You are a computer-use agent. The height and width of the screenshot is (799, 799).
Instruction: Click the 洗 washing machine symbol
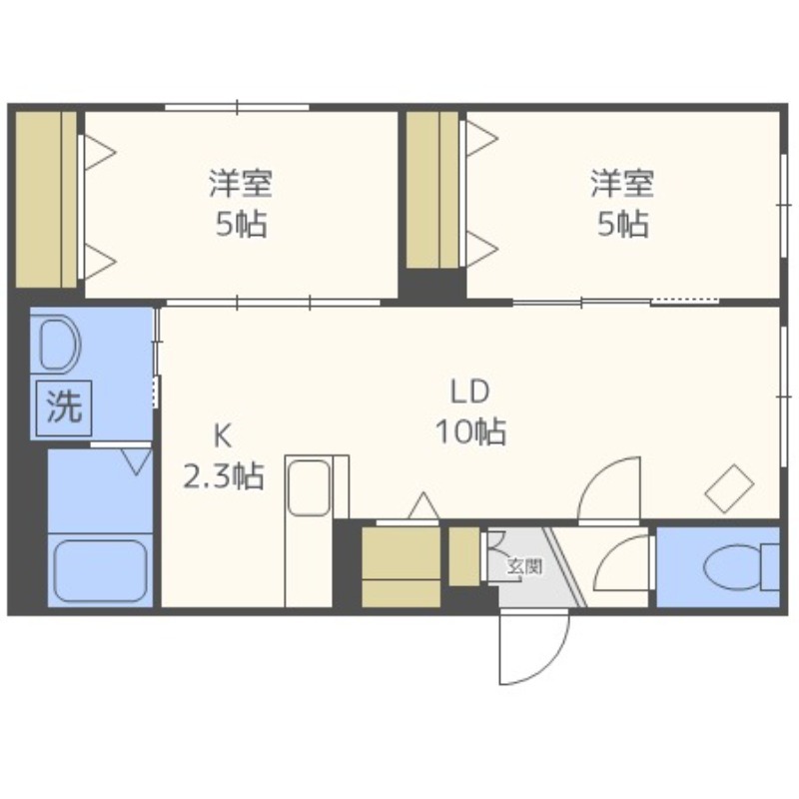click(x=64, y=407)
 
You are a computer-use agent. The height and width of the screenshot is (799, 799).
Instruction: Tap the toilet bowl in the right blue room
click(x=735, y=567)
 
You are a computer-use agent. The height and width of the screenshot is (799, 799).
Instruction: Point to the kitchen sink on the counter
click(x=309, y=487)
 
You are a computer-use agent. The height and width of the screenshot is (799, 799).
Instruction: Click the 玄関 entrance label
click(x=524, y=566)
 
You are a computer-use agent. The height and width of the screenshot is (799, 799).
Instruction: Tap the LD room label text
click(x=469, y=392)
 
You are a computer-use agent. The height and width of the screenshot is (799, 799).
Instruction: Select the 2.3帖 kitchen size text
click(x=224, y=476)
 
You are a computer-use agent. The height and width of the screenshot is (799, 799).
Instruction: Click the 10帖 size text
click(x=470, y=431)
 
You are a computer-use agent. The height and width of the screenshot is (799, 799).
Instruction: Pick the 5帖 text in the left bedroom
click(x=241, y=223)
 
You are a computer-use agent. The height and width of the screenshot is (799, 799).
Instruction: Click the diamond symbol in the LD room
click(x=729, y=488)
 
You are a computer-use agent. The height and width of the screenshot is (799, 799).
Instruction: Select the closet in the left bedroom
click(x=46, y=199)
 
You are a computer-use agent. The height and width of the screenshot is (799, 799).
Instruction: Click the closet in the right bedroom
click(x=432, y=190)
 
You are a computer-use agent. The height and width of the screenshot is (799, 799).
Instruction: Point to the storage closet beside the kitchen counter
click(x=401, y=567)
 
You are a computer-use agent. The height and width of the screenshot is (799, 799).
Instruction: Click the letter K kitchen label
click(x=223, y=436)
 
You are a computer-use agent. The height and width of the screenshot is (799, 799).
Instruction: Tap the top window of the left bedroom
click(x=237, y=107)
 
